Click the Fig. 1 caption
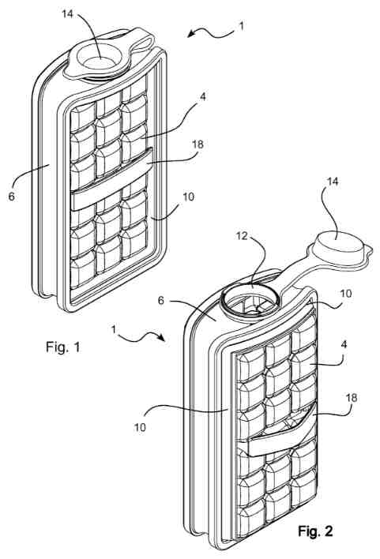[x=63, y=347]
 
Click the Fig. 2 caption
[x=315, y=531]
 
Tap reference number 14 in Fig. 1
[x=67, y=14]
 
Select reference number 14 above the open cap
[x=332, y=182]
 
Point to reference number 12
[x=243, y=235]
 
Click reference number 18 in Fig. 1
[x=198, y=144]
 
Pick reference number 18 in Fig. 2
[x=352, y=397]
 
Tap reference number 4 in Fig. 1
[x=202, y=96]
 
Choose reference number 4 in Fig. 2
[x=344, y=344]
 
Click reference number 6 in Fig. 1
[x=12, y=196]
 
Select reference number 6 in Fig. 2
[x=161, y=301]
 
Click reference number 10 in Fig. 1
[x=188, y=197]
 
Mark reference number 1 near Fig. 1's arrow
[x=242, y=26]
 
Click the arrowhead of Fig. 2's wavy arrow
[x=161, y=338]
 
